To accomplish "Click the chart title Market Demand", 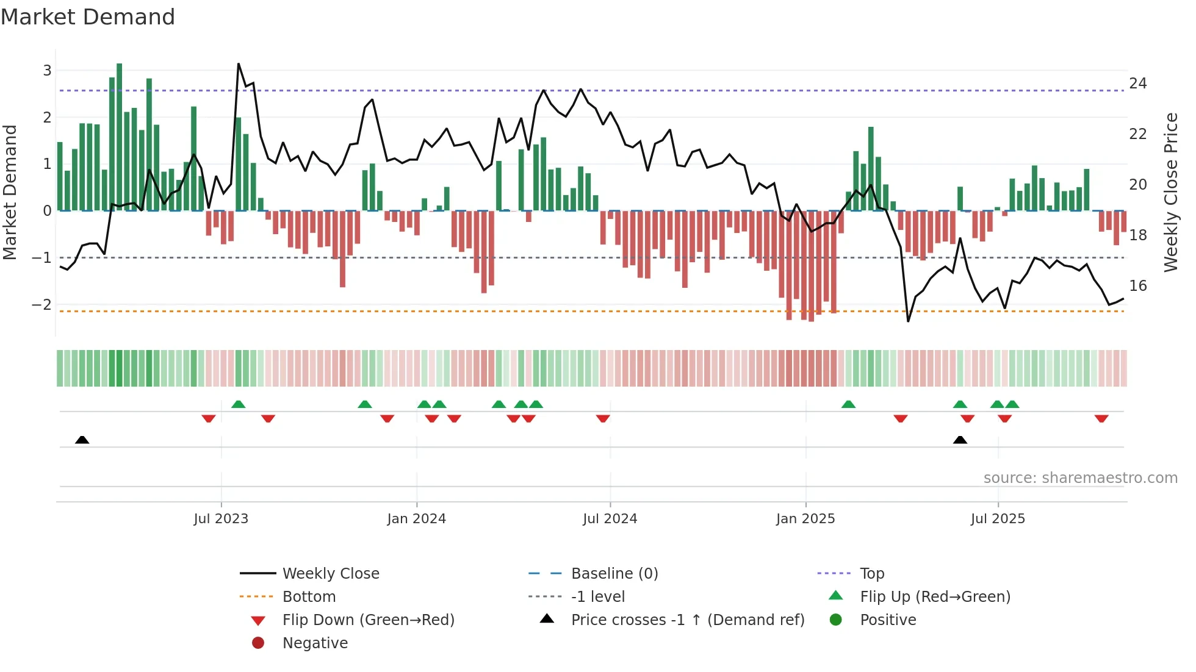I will click(88, 17).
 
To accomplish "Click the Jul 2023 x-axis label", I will click(221, 519).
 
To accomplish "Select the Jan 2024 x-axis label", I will click(417, 519).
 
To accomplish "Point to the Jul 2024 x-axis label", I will click(610, 519).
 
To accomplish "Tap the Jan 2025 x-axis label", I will click(805, 519).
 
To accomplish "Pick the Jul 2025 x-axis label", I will click(998, 519).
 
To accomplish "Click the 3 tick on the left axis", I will click(47, 71).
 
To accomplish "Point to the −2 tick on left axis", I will click(43, 304).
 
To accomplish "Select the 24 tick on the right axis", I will click(1138, 84).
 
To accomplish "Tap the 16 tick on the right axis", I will click(1138, 286).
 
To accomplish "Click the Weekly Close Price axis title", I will click(1171, 192).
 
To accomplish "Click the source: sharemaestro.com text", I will click(1080, 478).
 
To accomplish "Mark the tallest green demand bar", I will click(120, 137).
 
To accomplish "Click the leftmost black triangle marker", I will click(82, 440).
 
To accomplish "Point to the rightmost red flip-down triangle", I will click(1101, 418).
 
